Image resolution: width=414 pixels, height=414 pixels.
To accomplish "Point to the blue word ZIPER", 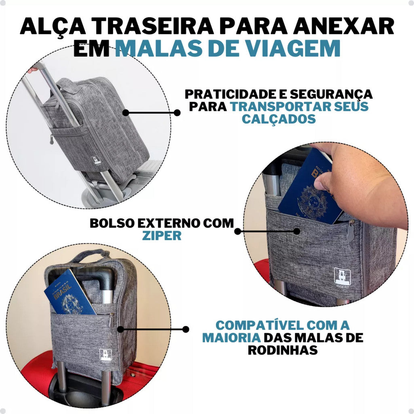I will point(161,236).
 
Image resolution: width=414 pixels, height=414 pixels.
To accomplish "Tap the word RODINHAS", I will point(283,350).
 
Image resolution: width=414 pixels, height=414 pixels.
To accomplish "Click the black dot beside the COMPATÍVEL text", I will point(186,329).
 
